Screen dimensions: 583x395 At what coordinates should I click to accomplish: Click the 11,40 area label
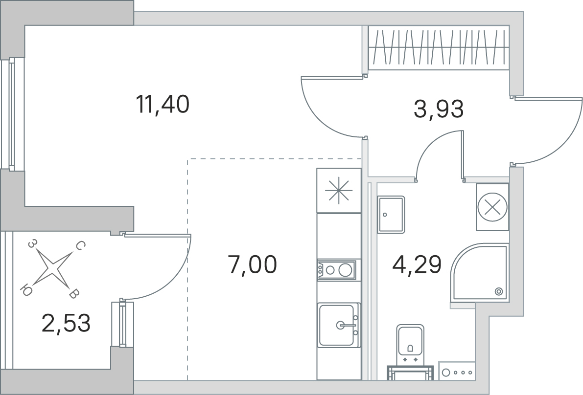coord(163,104)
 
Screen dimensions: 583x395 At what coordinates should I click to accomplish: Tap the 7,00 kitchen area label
coord(253,264)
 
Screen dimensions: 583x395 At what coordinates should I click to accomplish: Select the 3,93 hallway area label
coord(439,109)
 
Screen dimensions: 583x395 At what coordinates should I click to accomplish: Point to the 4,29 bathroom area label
coord(417,264)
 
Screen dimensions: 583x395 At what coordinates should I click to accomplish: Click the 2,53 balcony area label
coord(66,323)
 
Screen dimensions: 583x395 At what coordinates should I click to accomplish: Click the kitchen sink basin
coord(336,325)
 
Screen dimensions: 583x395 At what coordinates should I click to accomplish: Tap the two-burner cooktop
coord(336,269)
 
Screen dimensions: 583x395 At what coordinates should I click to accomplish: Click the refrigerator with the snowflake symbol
coord(339,191)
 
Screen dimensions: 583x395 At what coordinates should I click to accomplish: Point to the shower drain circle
coord(499,292)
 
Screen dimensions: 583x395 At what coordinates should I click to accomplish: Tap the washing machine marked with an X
coord(492,208)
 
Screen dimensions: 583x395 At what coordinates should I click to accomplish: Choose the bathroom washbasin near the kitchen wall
coord(391,215)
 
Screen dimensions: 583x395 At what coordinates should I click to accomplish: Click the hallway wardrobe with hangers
coord(439,47)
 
